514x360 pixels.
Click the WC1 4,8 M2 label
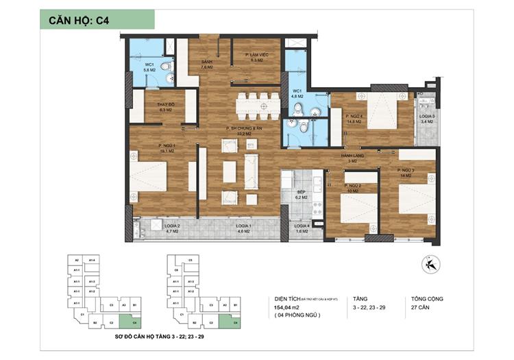click(x=297, y=94)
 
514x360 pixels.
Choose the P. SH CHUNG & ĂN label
click(x=246, y=129)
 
